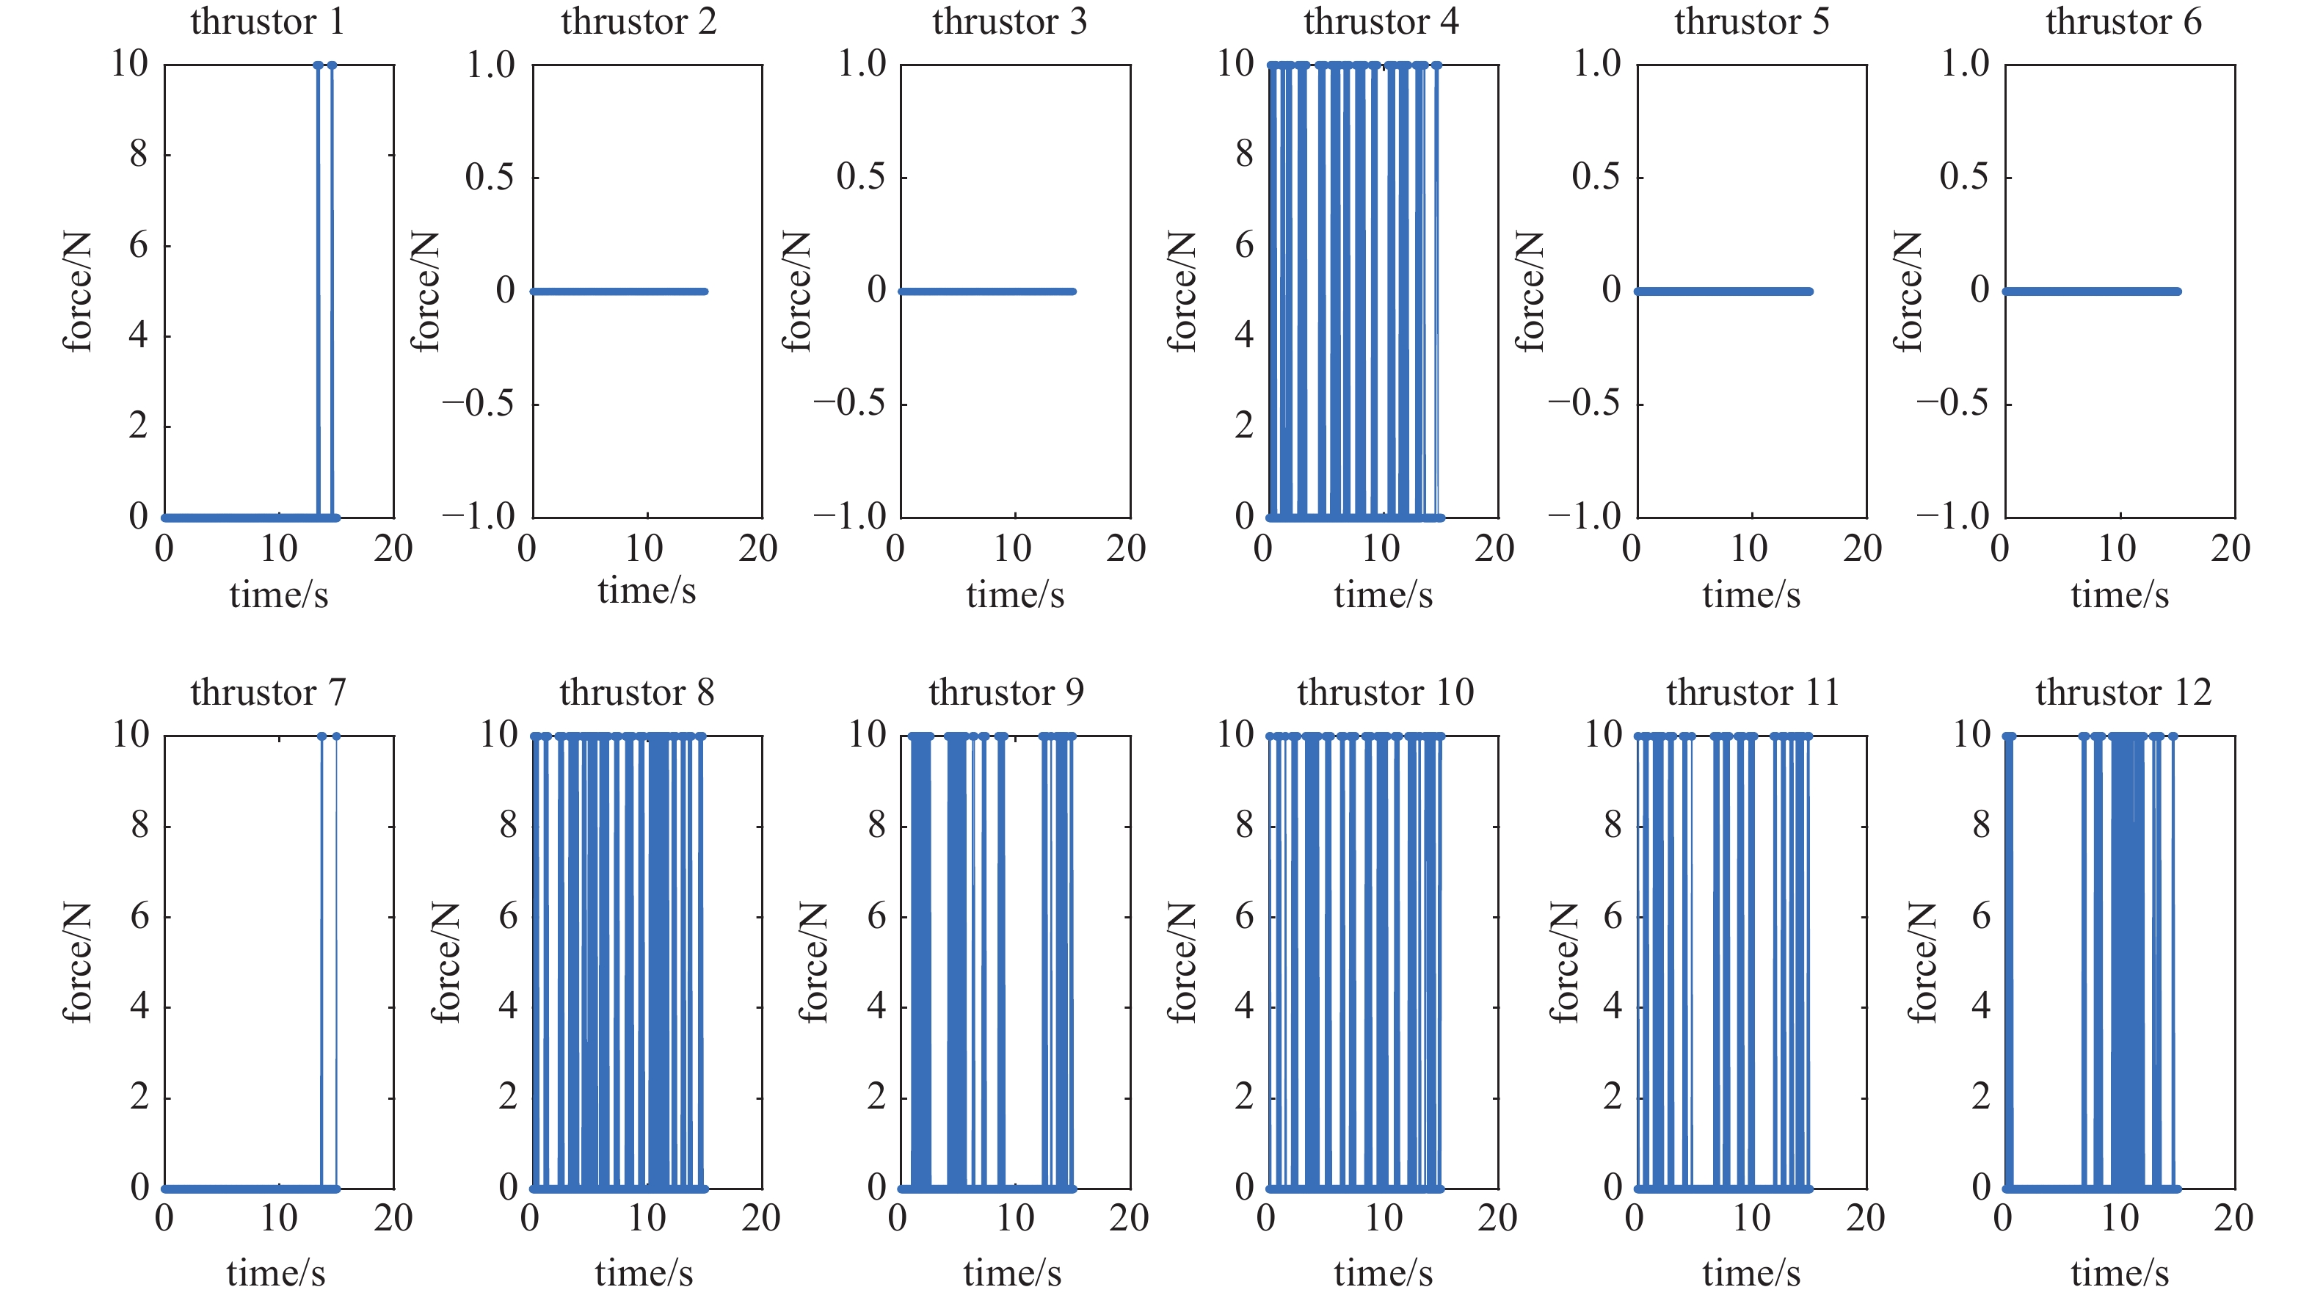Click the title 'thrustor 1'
(266, 21)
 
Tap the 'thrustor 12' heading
(2123, 692)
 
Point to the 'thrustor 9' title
(1006, 692)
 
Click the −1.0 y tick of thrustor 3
(849, 516)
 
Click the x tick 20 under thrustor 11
(1864, 1218)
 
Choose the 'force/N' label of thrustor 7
(77, 962)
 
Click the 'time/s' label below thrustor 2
(646, 591)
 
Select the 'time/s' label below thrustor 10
(1382, 1273)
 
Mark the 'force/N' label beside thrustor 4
(1182, 291)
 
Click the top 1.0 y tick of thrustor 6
(1965, 64)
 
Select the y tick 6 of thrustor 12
(1980, 916)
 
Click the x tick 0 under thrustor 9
(898, 1218)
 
